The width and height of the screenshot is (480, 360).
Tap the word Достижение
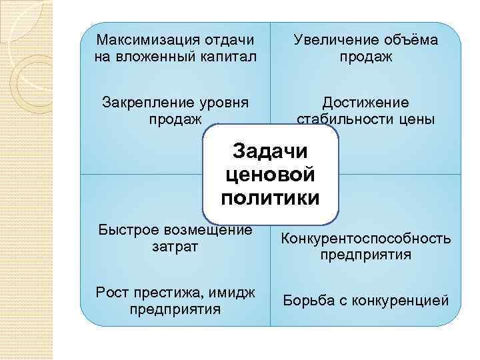pos(365,103)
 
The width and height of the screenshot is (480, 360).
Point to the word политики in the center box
pos(270,198)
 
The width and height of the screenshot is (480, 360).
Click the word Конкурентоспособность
pos(365,239)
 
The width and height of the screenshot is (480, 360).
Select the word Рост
pos(111,293)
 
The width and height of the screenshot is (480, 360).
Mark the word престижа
pos(163,293)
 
